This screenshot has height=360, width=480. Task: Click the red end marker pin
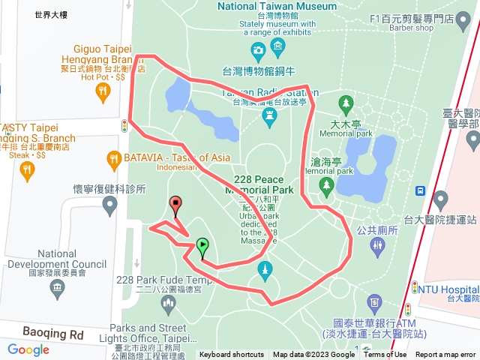tap(175, 203)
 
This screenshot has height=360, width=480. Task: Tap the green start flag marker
tap(202, 244)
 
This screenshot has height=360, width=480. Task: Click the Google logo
tap(28, 349)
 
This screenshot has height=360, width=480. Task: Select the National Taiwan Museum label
tap(277, 6)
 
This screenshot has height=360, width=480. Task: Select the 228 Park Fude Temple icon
tap(166, 301)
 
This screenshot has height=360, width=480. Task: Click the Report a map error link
tap(446, 355)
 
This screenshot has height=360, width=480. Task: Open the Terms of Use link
tap(385, 355)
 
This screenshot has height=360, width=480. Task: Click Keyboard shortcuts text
tap(231, 355)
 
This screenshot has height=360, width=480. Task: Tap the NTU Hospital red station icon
tap(414, 287)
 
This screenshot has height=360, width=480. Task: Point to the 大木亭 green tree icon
tap(346, 102)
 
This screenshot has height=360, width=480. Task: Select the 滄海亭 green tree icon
tap(325, 184)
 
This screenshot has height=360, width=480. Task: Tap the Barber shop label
tap(412, 28)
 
